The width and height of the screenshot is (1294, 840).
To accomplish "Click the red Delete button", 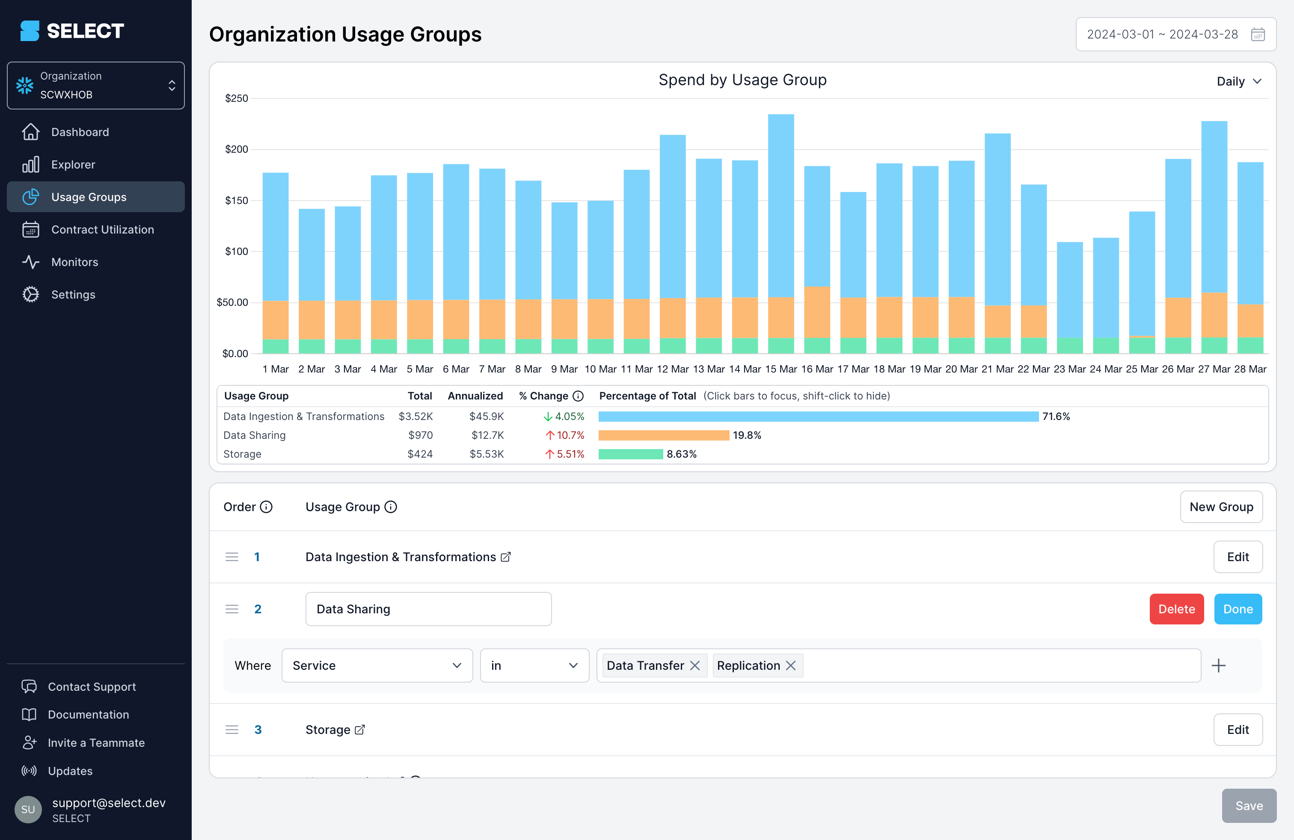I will (x=1176, y=609).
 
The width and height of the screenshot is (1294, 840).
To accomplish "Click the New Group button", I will (x=1220, y=506).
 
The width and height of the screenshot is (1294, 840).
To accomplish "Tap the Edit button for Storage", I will (x=1238, y=729).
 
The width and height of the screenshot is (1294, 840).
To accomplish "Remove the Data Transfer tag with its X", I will (x=694, y=665).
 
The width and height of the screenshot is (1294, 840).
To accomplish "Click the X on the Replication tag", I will (x=790, y=665).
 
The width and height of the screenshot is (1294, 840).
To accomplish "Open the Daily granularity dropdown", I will (x=1238, y=82).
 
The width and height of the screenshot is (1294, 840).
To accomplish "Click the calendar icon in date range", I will (x=1258, y=35).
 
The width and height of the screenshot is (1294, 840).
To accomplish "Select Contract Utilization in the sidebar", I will (x=102, y=229).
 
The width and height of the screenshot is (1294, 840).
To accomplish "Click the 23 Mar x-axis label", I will (x=1069, y=369).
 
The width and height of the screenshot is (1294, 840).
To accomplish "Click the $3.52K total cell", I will (x=416, y=416).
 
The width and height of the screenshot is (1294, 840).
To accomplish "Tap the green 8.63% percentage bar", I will (x=630, y=454).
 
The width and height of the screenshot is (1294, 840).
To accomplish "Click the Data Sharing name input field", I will (x=428, y=609).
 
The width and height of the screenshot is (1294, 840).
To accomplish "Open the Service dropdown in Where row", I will (x=377, y=665).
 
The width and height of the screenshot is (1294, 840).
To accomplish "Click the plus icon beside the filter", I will (x=1218, y=665).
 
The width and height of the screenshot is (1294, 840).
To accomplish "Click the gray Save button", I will (x=1248, y=805).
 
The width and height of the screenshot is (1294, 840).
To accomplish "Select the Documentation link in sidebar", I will (x=88, y=715).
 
